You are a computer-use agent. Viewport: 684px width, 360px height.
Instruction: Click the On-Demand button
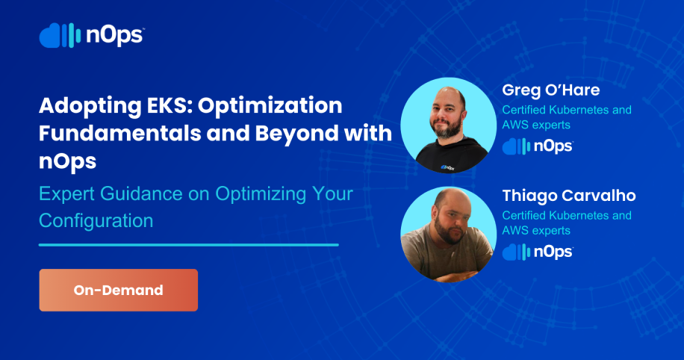(x=118, y=290)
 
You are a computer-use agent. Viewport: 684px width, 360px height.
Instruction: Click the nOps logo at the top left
(x=92, y=35)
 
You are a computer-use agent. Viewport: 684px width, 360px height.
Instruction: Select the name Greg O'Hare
(x=551, y=90)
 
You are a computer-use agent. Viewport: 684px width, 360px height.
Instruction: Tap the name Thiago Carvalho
(x=569, y=196)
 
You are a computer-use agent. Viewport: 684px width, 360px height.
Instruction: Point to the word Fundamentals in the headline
(x=119, y=133)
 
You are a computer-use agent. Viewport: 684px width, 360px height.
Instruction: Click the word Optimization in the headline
(x=270, y=106)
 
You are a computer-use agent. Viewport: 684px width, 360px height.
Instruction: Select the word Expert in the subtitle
(x=66, y=194)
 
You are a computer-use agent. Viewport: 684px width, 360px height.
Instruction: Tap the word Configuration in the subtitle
(x=96, y=221)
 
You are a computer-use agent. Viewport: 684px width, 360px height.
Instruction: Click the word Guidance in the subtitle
(x=141, y=193)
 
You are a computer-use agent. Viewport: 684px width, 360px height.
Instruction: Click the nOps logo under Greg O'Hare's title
(x=538, y=146)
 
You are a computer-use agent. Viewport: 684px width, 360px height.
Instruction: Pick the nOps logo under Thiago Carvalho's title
(x=538, y=252)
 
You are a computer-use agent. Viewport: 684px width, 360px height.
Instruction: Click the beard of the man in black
(x=447, y=128)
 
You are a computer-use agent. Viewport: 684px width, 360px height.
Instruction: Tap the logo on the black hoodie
(x=447, y=167)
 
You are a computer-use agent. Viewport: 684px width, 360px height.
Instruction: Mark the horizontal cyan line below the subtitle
(x=189, y=245)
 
